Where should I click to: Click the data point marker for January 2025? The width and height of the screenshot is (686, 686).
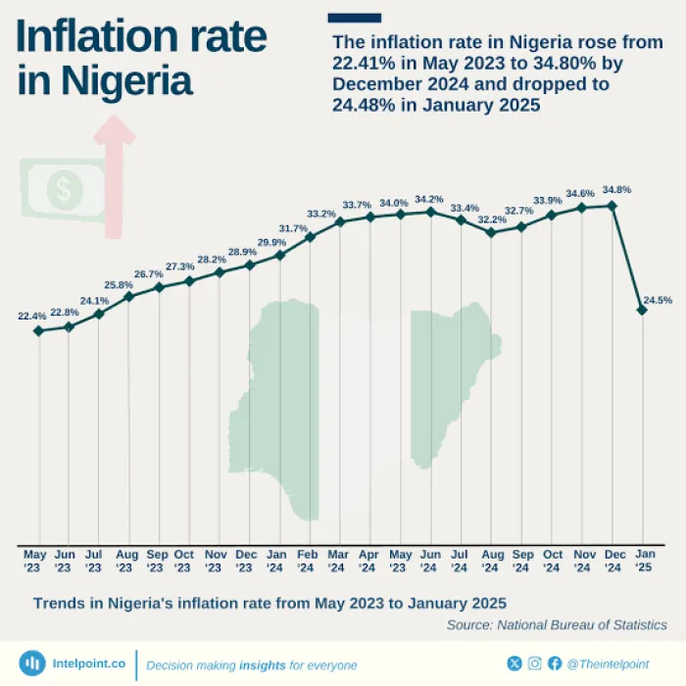[642, 310]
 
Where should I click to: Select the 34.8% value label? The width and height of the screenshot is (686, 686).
[616, 190]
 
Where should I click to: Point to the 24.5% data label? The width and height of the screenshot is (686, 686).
[658, 301]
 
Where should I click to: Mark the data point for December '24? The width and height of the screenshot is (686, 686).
[612, 206]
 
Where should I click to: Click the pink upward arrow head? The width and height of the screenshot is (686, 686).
[114, 131]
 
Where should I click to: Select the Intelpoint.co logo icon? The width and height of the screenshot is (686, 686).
[32, 663]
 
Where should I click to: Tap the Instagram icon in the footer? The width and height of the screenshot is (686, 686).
[535, 663]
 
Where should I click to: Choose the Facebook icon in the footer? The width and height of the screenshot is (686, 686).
[555, 663]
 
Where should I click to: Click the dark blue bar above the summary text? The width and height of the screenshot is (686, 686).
[355, 17]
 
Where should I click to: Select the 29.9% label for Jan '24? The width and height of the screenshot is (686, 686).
[271, 242]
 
